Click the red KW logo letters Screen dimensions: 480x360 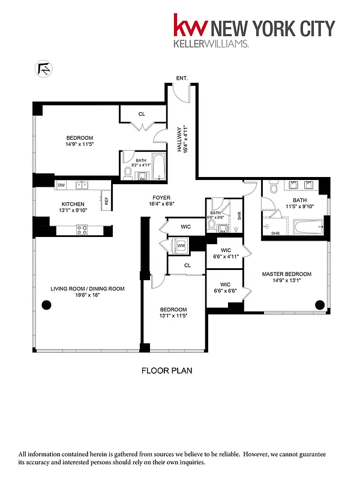pyautogui.click(x=191, y=26)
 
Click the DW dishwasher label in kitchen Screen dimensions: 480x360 pyautogui.click(x=61, y=185)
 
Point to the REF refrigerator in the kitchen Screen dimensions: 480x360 pyautogui.click(x=106, y=200)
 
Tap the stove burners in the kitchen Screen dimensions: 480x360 pyautogui.click(x=82, y=229)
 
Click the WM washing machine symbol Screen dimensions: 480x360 pyautogui.click(x=181, y=245)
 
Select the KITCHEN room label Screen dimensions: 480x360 pyautogui.click(x=73, y=205)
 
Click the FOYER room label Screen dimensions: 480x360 pyautogui.click(x=161, y=197)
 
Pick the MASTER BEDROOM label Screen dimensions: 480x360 pyautogui.click(x=286, y=274)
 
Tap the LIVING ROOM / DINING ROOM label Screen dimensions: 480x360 pyautogui.click(x=88, y=289)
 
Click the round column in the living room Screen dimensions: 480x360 pyautogui.click(x=46, y=305)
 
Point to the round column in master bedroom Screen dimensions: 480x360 pyautogui.click(x=319, y=304)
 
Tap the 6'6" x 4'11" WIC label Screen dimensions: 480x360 pyautogui.click(x=226, y=256)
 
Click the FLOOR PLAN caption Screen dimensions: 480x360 pyautogui.click(x=166, y=371)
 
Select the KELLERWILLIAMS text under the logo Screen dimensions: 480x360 pyautogui.click(x=211, y=44)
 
